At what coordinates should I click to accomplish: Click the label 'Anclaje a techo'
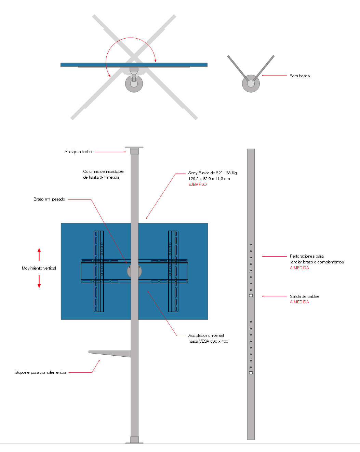(x=78, y=152)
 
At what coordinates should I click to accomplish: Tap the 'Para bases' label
(x=299, y=76)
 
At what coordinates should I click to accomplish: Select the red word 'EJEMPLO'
(x=197, y=184)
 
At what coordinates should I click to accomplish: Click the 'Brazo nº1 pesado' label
(x=49, y=199)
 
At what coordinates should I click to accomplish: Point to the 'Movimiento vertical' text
(x=39, y=268)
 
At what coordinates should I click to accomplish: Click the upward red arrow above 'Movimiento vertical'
(x=39, y=254)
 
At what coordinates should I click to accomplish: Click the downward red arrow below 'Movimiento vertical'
(x=39, y=282)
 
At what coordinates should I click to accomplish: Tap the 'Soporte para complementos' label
(x=41, y=372)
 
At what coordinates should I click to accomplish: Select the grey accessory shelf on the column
(x=110, y=354)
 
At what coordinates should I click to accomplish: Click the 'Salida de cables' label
(x=304, y=296)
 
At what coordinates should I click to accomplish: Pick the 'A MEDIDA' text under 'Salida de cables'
(x=299, y=302)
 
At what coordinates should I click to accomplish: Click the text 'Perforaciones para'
(x=307, y=256)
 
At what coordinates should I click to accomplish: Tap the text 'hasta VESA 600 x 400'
(x=208, y=341)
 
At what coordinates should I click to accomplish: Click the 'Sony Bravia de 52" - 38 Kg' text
(x=212, y=173)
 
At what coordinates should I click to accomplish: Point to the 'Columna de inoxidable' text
(x=103, y=172)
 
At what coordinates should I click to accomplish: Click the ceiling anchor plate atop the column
(x=134, y=148)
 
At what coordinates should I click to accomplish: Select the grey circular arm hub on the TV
(x=134, y=271)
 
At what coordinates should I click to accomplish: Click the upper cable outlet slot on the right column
(x=251, y=296)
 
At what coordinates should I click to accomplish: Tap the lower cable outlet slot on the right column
(x=251, y=373)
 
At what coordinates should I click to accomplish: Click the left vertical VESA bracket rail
(x=99, y=271)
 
